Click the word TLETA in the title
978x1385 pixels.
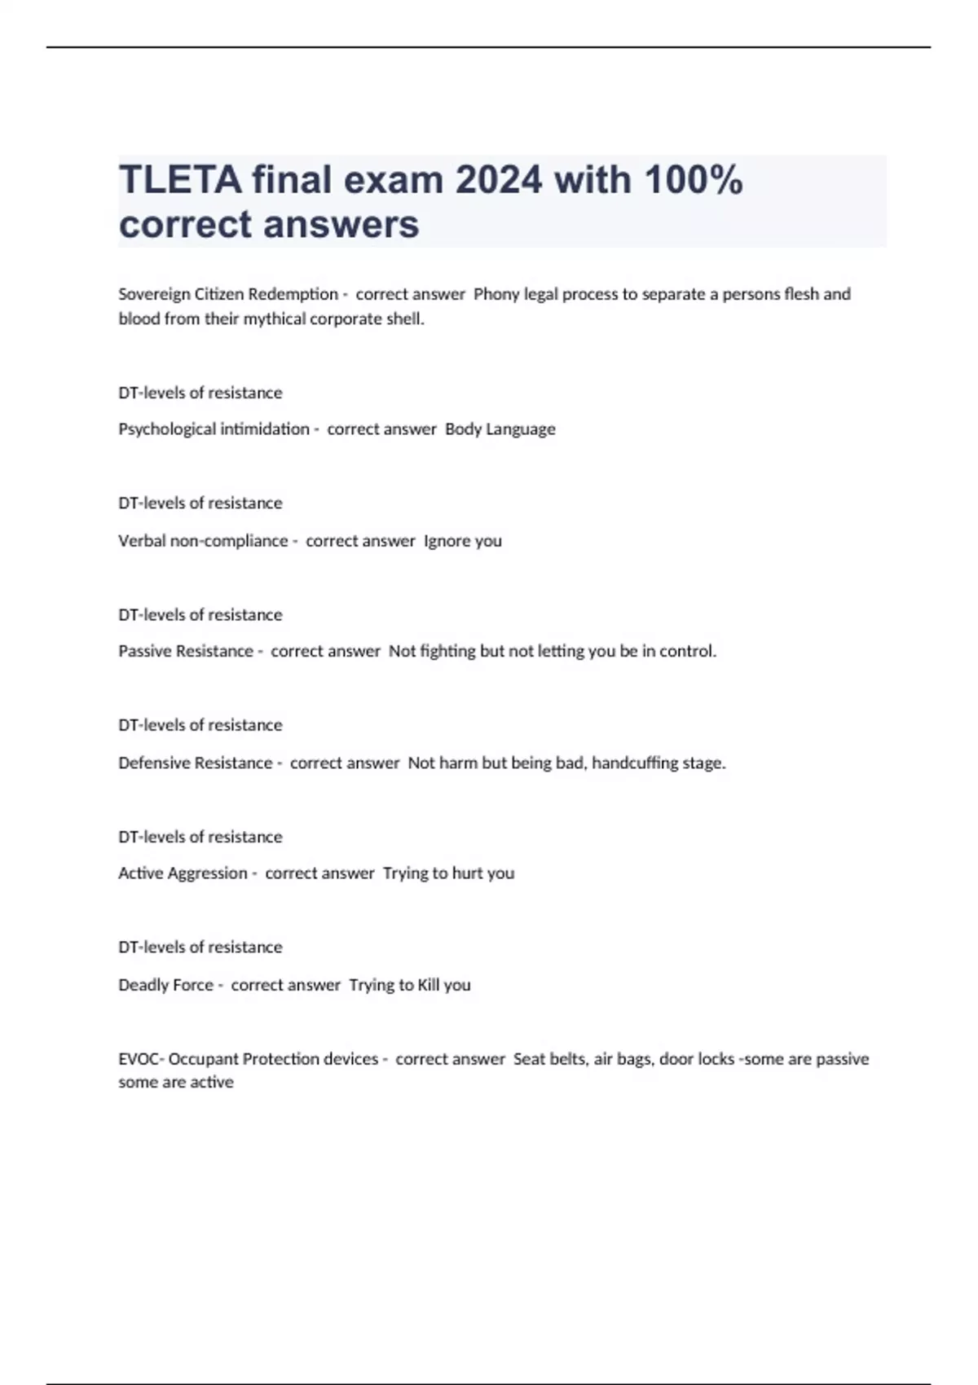point(180,180)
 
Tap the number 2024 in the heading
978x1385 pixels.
point(498,180)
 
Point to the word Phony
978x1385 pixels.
point(496,294)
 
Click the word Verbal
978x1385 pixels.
point(142,541)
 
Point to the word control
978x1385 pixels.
point(687,651)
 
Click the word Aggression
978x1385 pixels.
point(207,873)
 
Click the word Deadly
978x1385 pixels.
point(143,985)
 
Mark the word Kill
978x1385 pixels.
point(429,985)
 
